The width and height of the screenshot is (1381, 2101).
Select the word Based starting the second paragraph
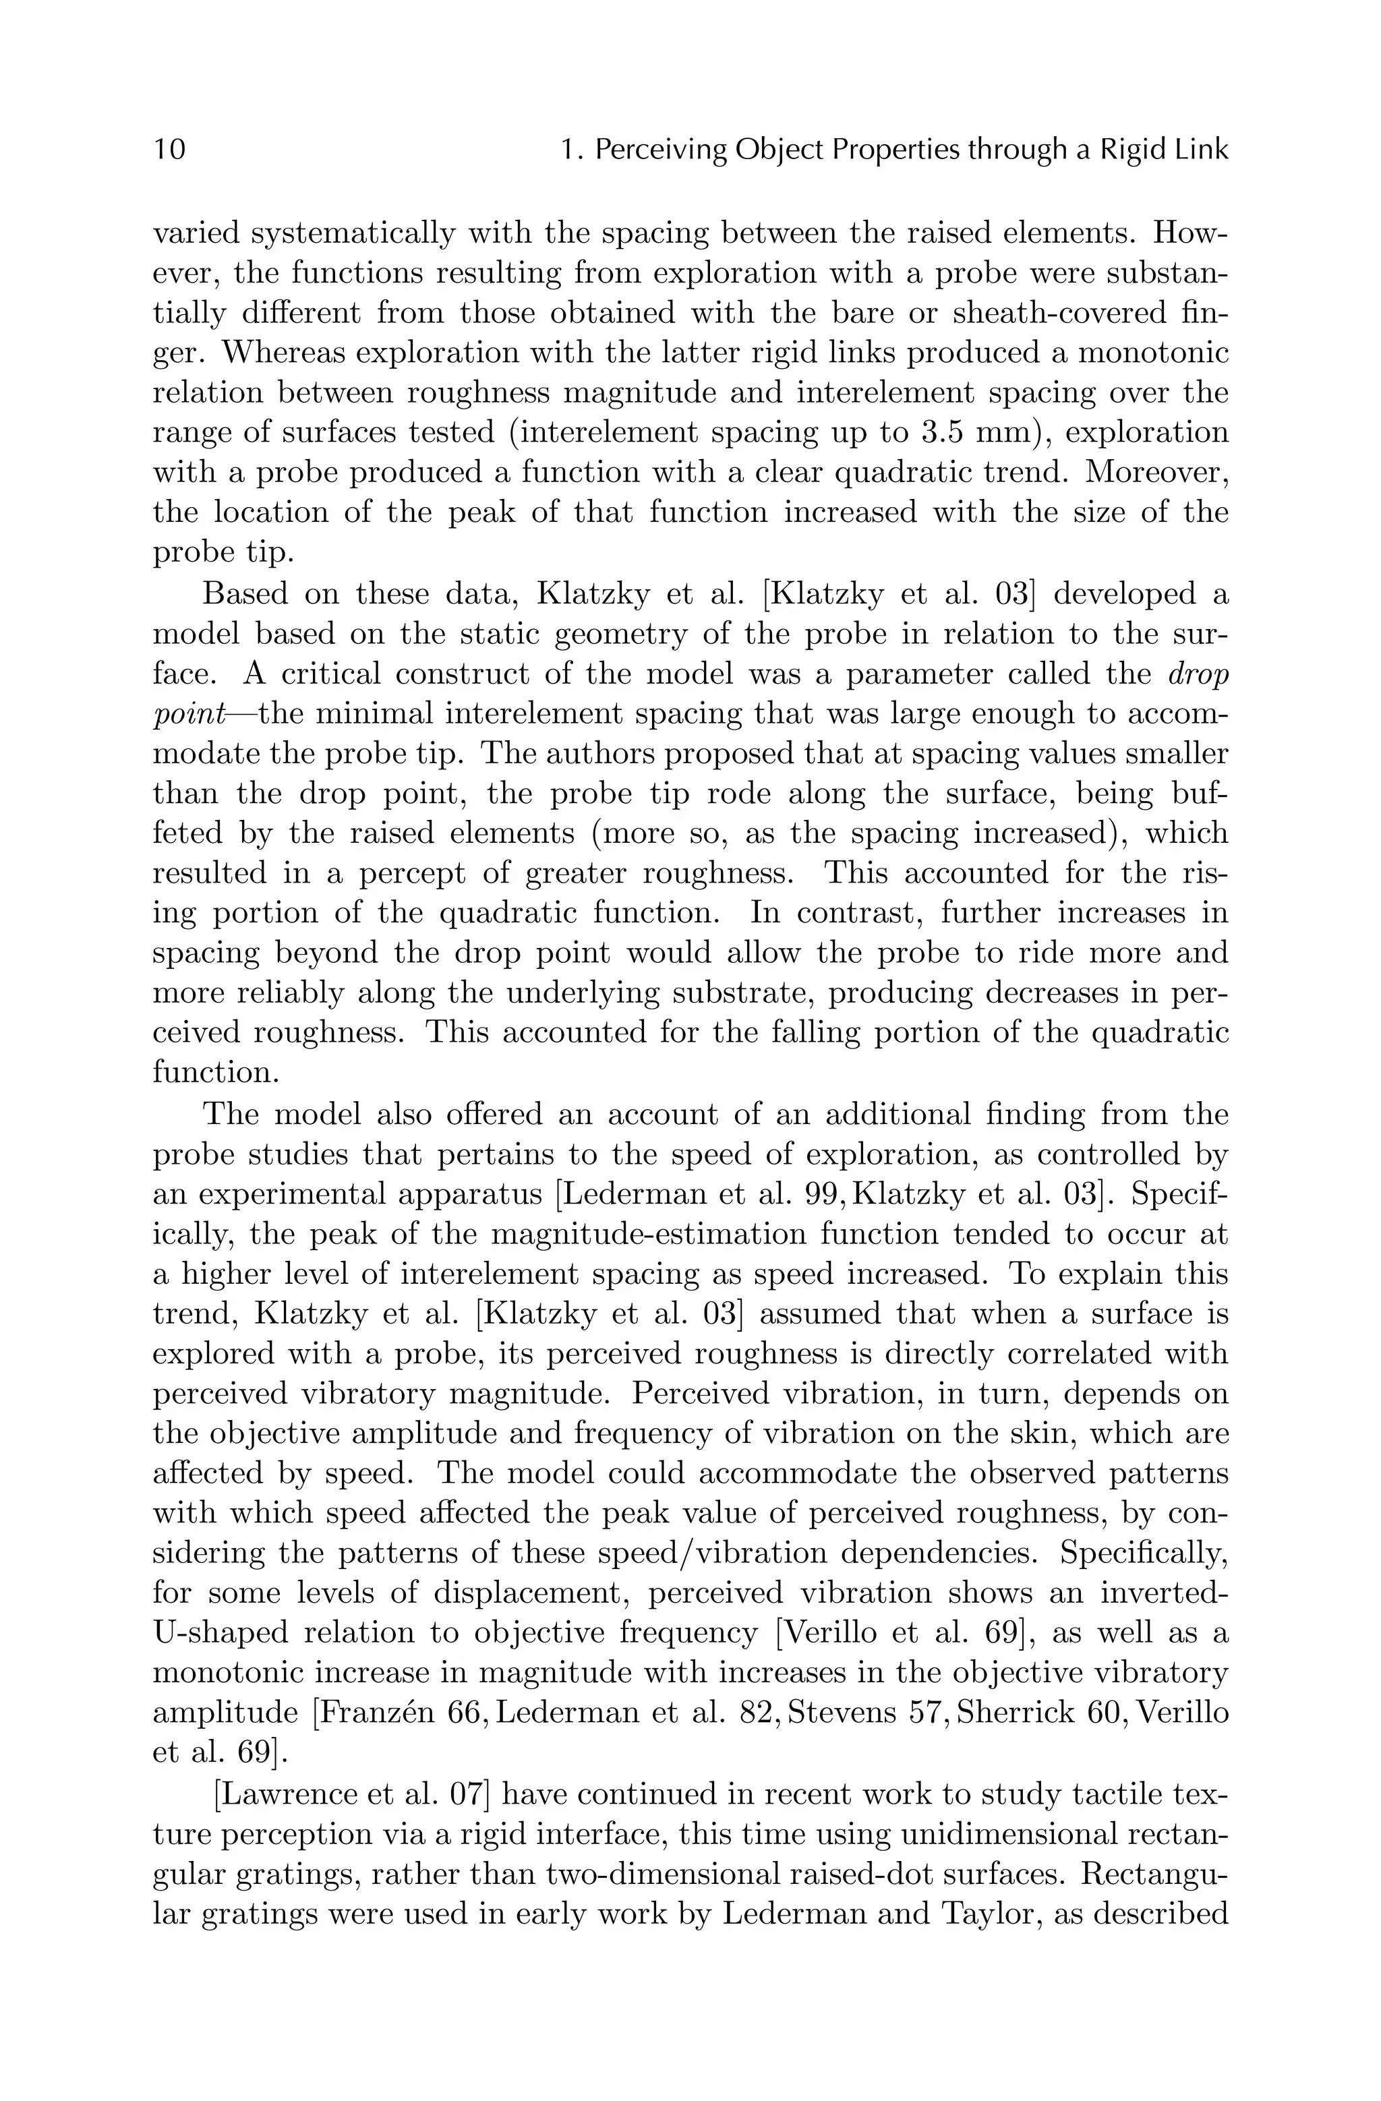coord(246,594)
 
